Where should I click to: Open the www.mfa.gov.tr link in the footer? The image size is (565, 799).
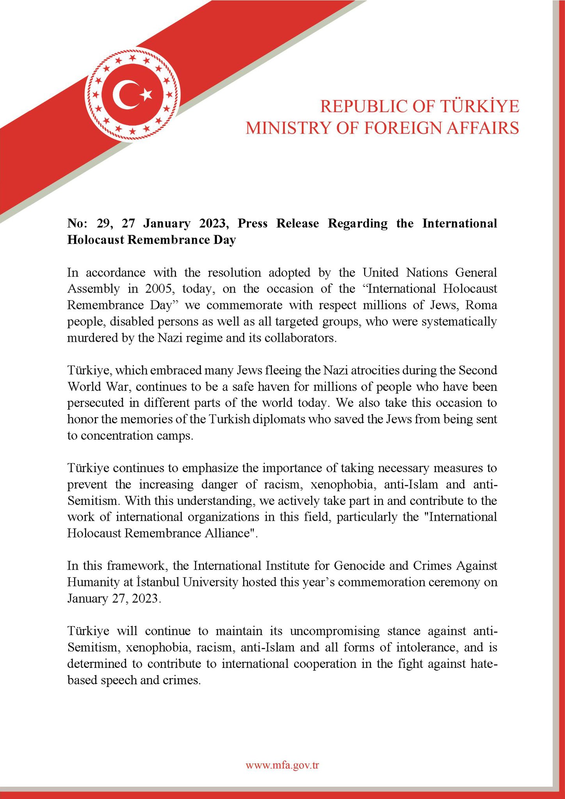point(282,765)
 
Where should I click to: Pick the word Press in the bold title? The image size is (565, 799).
point(252,223)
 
